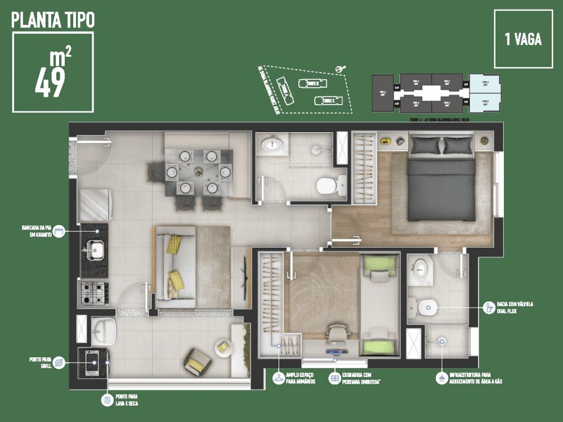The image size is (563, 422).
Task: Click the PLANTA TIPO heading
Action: click(x=53, y=20)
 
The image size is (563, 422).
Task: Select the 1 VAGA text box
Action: click(x=524, y=39)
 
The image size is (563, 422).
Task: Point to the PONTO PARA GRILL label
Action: click(x=41, y=361)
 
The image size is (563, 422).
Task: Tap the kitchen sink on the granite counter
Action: click(x=95, y=248)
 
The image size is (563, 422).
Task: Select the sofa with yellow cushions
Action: click(x=174, y=267)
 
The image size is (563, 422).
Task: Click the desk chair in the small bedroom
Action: click(x=337, y=334)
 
